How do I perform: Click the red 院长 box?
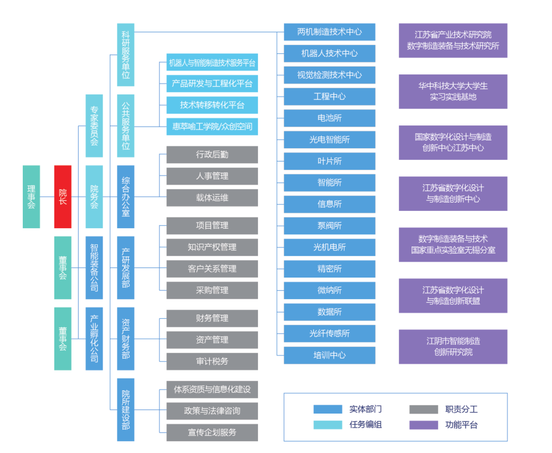pyautogui.click(x=63, y=197)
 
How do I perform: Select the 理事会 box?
pyautogui.click(x=31, y=197)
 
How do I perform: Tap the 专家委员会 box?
pyautogui.click(x=94, y=125)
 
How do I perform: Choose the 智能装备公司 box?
pyautogui.click(x=94, y=268)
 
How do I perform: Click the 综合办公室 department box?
pyautogui.click(x=126, y=197)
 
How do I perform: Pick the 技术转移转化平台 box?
pyautogui.click(x=212, y=105)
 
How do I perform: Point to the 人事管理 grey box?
pyautogui.click(x=212, y=176)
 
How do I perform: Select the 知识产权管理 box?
pyautogui.click(x=212, y=247)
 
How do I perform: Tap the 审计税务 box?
pyautogui.click(x=212, y=361)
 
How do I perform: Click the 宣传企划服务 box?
pyautogui.click(x=212, y=432)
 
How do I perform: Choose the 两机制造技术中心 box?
pyautogui.click(x=330, y=32)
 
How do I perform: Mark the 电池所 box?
pyautogui.click(x=330, y=118)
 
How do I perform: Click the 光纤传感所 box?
pyautogui.click(x=330, y=334)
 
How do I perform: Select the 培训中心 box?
pyautogui.click(x=330, y=355)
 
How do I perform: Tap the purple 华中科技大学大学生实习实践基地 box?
pyautogui.click(x=453, y=92)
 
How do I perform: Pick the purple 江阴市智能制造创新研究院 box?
pyautogui.click(x=453, y=347)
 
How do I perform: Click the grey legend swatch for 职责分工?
pyautogui.click(x=424, y=410)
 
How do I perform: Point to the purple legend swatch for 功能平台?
pyautogui.click(x=424, y=425)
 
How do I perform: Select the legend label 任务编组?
pyautogui.click(x=366, y=425)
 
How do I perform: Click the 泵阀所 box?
pyautogui.click(x=330, y=226)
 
